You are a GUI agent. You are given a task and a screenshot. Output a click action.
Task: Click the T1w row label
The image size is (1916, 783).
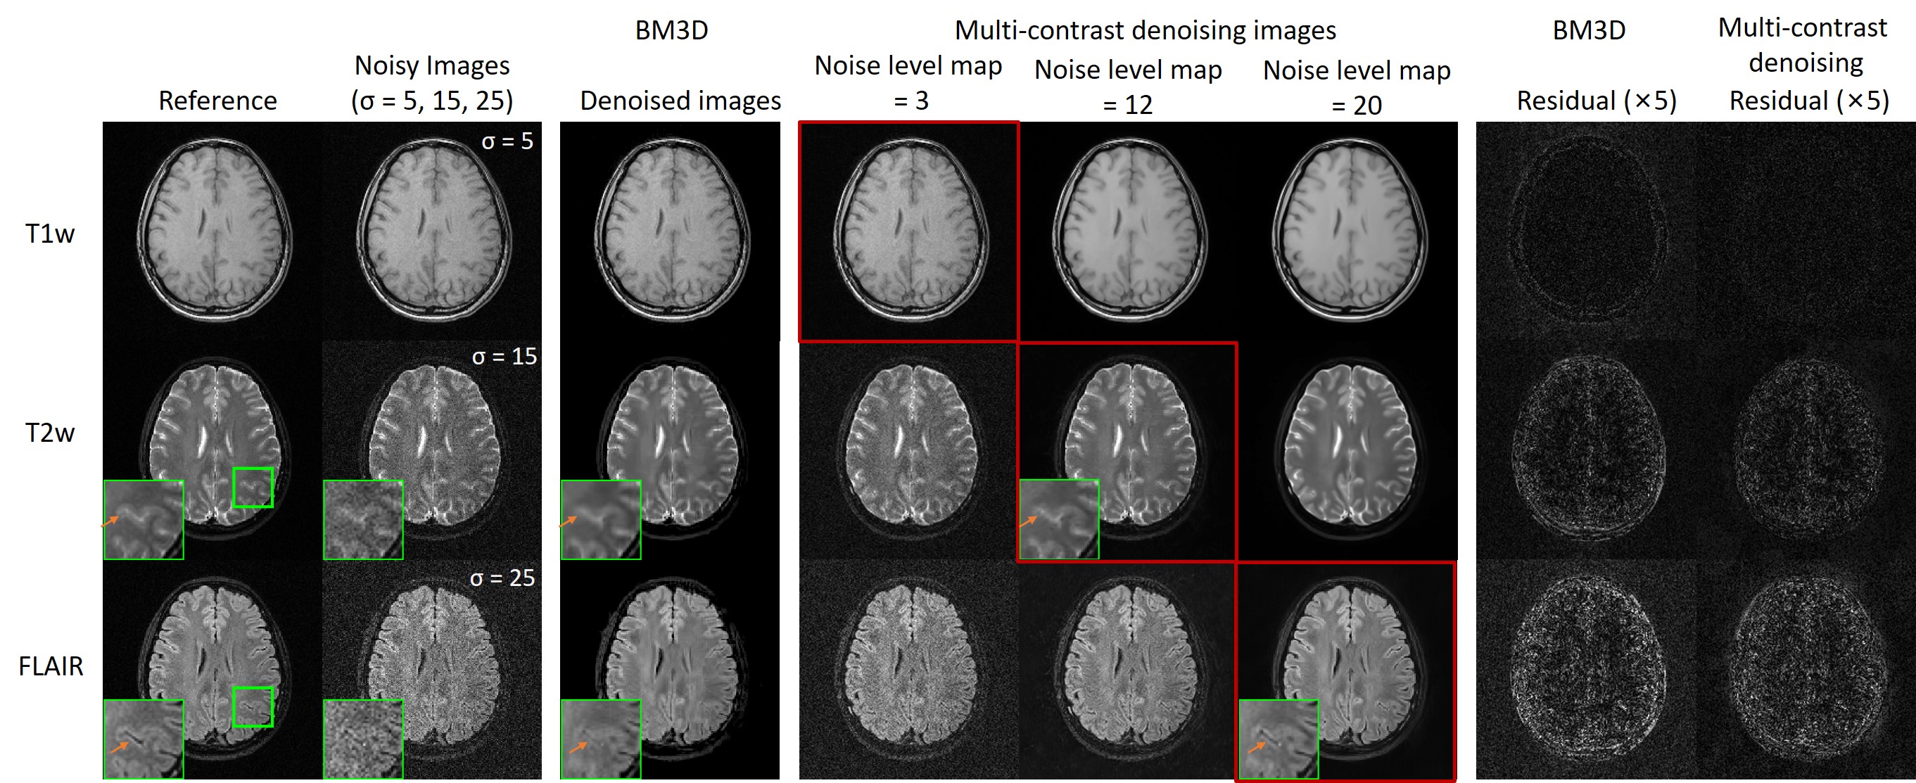pos(50,234)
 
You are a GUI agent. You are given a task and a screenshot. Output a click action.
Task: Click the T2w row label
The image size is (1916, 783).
pos(50,432)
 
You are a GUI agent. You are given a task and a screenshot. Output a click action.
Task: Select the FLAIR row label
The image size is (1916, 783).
pos(51,666)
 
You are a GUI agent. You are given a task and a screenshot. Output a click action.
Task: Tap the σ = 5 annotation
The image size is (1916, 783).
pos(507,141)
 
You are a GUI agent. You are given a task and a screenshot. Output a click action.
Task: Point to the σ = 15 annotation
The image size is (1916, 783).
pos(505,356)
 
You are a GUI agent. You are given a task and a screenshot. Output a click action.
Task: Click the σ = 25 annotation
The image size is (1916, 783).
pos(502,578)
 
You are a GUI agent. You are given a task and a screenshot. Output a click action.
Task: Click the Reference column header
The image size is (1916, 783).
pos(217,101)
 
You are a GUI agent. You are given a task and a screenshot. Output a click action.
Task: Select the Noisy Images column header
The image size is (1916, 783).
pos(432,82)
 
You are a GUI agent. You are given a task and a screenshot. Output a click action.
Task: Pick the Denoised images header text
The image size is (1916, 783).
pos(680,101)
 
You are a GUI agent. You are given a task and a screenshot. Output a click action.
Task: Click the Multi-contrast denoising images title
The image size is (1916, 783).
pos(1145,30)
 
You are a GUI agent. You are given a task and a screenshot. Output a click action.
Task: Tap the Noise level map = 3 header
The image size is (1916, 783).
pos(908,82)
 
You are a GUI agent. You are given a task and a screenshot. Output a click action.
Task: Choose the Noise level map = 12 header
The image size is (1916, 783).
pos(1128,87)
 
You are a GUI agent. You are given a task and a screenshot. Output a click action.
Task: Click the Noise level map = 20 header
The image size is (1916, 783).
pos(1357,87)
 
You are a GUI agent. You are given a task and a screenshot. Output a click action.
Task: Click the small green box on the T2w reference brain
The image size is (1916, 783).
pos(253,487)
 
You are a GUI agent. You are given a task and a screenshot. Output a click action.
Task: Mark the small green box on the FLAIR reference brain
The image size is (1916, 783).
pos(253,706)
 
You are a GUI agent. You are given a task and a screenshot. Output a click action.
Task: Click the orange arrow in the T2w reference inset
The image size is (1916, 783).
pos(109,522)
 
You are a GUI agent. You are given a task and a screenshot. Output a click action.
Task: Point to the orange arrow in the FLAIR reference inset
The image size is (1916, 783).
pos(119,746)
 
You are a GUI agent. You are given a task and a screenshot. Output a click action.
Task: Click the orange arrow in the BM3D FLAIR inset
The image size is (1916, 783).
pos(578,746)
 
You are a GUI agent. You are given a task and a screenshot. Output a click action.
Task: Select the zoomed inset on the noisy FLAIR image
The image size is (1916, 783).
pos(363,739)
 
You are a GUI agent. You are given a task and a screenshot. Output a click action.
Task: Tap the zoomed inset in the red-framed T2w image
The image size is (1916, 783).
pos(1058,519)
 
